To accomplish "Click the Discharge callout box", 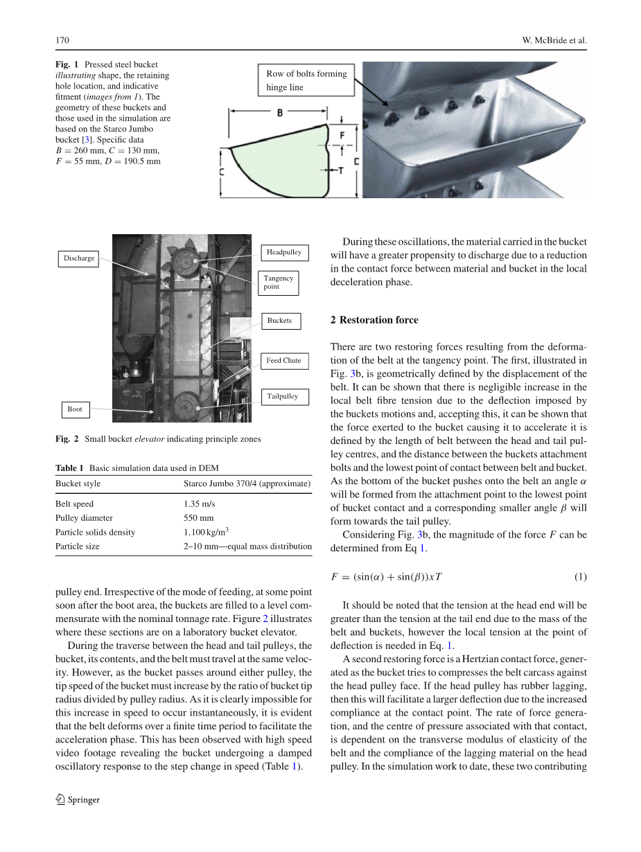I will point(79,258).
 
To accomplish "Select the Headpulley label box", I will point(284,252).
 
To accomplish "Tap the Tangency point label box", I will point(279,283).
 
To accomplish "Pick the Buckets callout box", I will point(279,321).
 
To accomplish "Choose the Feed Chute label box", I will point(283,360).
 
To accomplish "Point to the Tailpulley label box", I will point(283,397).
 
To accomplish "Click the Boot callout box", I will point(75,409).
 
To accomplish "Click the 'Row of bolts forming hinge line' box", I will point(306,80).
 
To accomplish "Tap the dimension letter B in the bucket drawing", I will point(279,113).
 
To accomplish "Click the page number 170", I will point(62,40).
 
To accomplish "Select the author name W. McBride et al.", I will point(554,40).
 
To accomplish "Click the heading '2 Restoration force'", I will point(374,320).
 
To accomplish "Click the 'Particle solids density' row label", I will point(95,532).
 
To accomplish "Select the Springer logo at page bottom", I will point(78,799).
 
